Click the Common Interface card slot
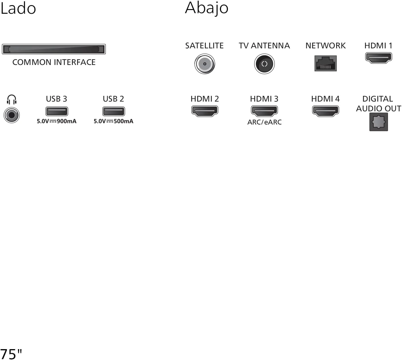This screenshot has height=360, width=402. [54, 49]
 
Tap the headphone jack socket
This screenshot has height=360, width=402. [11, 115]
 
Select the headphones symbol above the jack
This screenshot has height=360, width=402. [11, 100]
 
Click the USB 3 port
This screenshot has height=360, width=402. [57, 111]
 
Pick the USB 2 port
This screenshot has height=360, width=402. [114, 111]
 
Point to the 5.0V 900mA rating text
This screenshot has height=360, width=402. [57, 121]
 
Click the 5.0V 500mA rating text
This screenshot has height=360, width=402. [114, 121]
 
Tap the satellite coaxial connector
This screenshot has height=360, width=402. [204, 64]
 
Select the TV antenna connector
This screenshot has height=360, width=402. [264, 64]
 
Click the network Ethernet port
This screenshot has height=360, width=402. [325, 63]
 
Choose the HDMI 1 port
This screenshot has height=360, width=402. [379, 58]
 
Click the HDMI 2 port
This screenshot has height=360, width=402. [205, 111]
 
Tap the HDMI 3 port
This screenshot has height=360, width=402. [264, 111]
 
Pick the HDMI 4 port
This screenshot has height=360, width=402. [325, 111]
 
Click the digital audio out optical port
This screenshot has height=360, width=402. [379, 122]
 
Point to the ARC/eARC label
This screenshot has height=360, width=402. [264, 122]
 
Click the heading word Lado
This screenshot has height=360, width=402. [18, 9]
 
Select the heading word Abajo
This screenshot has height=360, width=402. [206, 9]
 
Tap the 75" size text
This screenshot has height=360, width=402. [11, 354]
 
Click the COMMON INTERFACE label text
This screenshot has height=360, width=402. [54, 62]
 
